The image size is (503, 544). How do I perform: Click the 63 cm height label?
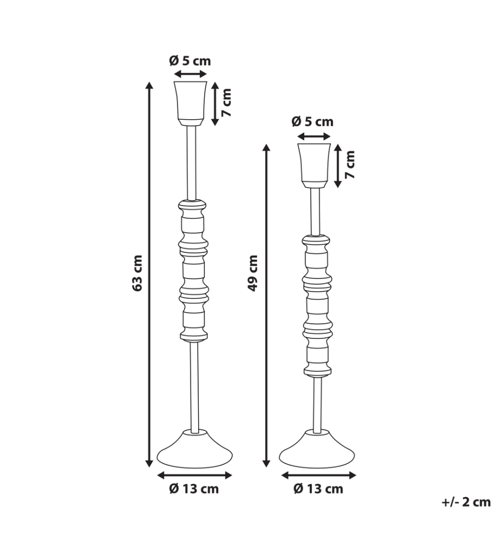(138, 273)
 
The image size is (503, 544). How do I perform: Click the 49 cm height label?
(253, 273)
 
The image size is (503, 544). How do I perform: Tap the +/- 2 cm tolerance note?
(466, 502)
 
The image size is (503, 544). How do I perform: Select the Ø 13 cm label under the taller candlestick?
(194, 489)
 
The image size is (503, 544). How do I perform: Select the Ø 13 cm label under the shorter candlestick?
(318, 489)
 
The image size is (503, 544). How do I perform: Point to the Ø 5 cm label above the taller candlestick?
(190, 61)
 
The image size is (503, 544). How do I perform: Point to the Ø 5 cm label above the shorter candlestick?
(312, 121)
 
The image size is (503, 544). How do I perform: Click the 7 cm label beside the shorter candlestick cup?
(350, 164)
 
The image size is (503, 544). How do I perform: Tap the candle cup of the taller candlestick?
(190, 103)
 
